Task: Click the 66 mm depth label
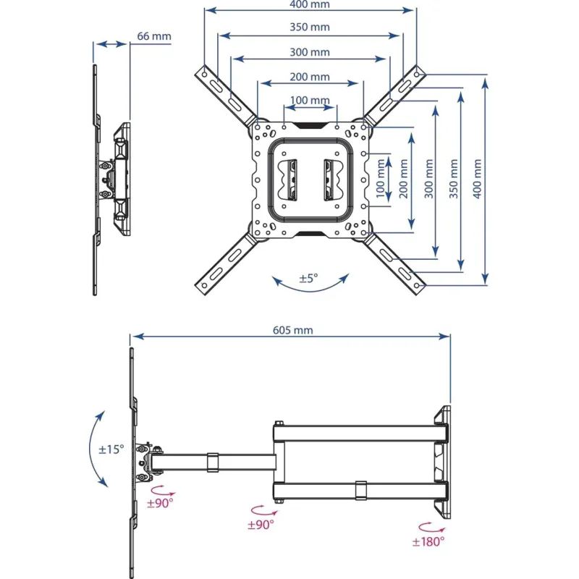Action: [x=154, y=36]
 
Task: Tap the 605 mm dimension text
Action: [x=293, y=330]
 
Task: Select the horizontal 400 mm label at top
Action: [x=310, y=4]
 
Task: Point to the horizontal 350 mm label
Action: [x=310, y=27]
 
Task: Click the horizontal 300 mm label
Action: [x=310, y=52]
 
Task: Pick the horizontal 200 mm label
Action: [x=310, y=77]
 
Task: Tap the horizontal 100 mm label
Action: [x=310, y=100]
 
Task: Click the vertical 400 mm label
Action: [x=477, y=179]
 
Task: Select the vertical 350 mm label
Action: [x=454, y=179]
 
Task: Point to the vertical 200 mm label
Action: [x=404, y=179]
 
